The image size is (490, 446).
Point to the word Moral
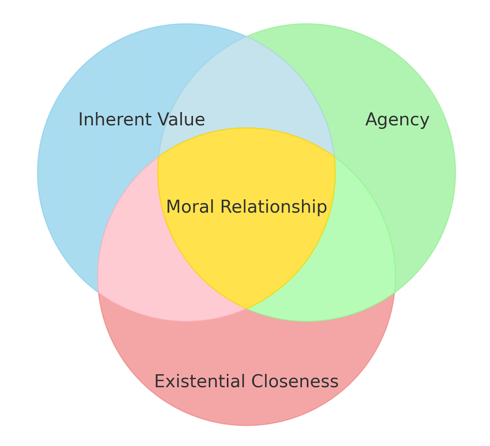point(190,207)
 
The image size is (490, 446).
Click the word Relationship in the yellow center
point(273,207)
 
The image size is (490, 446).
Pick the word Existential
point(200,381)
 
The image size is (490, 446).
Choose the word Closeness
point(295,381)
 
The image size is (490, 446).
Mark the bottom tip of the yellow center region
point(246,308)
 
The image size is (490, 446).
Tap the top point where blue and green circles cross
point(247,37)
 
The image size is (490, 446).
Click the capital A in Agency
point(371,119)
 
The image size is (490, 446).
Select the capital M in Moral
point(173,207)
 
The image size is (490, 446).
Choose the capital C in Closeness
point(258,381)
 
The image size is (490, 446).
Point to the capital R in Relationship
point(226,207)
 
